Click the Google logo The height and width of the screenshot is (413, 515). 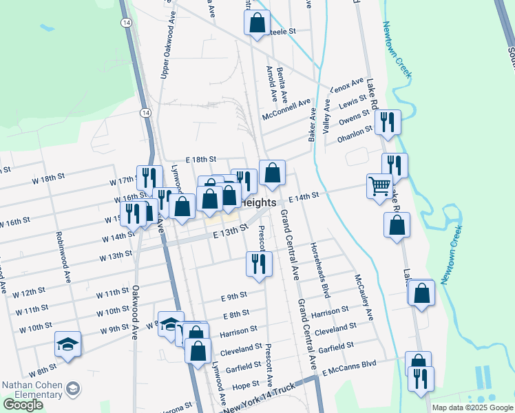23,405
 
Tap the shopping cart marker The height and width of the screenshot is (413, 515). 380,186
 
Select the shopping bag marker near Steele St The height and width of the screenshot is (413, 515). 257,22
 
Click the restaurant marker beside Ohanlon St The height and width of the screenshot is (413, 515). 389,123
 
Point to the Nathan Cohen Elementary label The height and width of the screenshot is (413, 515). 33,390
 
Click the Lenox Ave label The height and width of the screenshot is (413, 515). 347,85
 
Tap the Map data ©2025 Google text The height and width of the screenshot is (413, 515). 472,407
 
